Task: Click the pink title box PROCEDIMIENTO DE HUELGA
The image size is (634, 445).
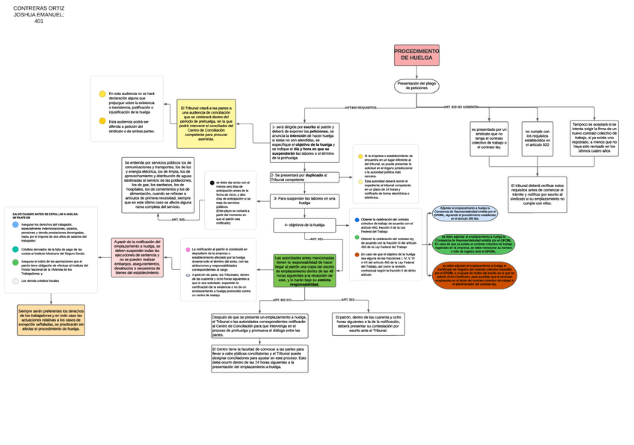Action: (x=416, y=55)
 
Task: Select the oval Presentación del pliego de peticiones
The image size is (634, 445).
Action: (x=416, y=86)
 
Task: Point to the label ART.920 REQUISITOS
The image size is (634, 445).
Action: (x=360, y=108)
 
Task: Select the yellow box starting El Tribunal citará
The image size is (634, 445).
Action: (x=206, y=123)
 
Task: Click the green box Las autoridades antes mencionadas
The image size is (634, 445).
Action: (x=304, y=270)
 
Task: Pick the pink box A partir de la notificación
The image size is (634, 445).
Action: (x=138, y=257)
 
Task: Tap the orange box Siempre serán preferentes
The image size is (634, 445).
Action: (x=51, y=320)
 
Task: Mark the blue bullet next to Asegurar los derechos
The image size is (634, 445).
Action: (x=16, y=224)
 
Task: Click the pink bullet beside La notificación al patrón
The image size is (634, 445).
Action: (x=188, y=249)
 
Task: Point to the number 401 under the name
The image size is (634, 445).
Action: (x=39, y=22)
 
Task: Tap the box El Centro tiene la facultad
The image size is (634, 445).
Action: (x=259, y=358)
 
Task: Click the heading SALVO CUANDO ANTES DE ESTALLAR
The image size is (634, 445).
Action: (x=46, y=215)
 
